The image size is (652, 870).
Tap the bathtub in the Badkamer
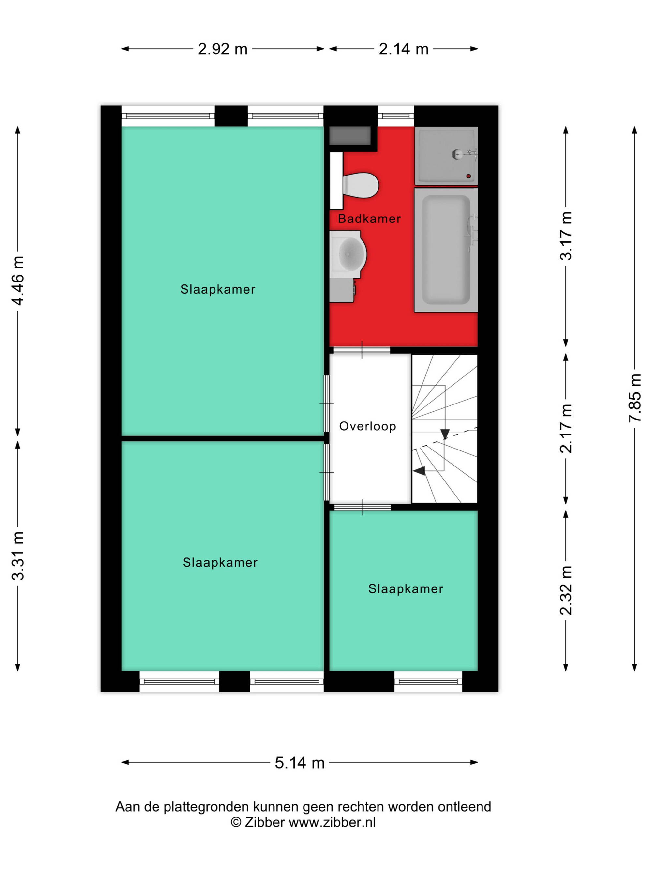[x=446, y=250]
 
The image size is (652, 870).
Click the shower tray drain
[x=468, y=176]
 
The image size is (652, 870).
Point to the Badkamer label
[x=369, y=219]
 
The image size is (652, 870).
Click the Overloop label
[x=367, y=426]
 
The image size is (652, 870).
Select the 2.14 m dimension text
[x=403, y=49]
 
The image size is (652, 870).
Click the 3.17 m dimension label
[x=566, y=236]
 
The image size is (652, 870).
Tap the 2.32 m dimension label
[x=566, y=590]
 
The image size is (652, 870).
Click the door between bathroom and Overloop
[x=362, y=350]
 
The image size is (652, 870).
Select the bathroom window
[x=396, y=115]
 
